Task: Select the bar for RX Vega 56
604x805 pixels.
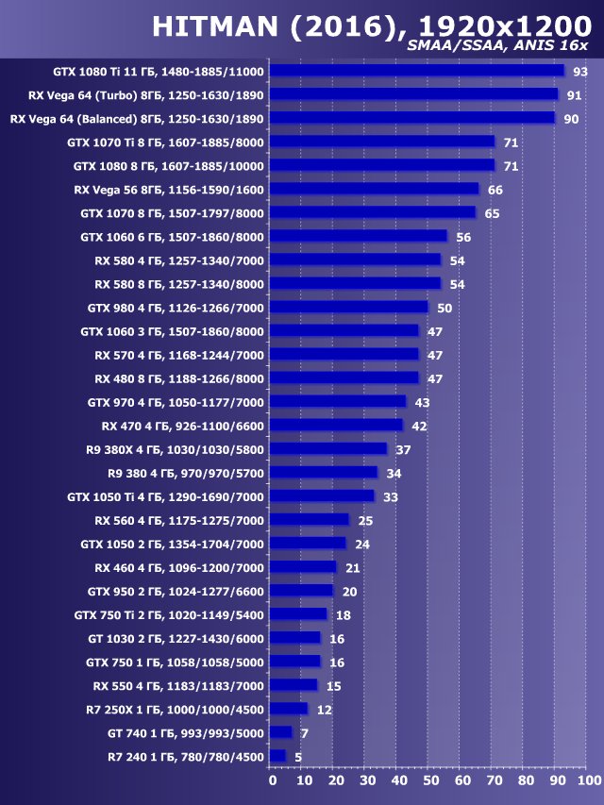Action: pyautogui.click(x=374, y=189)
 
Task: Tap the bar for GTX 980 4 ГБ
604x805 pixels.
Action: pyautogui.click(x=348, y=307)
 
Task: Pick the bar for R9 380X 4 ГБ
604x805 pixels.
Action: pyautogui.click(x=327, y=448)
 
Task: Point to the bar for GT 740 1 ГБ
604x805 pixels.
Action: pyautogui.click(x=280, y=732)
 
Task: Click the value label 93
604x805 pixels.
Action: pyautogui.click(x=580, y=72)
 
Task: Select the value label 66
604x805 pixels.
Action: pyautogui.click(x=495, y=190)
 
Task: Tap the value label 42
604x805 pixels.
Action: pyautogui.click(x=420, y=426)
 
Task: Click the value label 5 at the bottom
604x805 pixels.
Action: pyautogui.click(x=298, y=756)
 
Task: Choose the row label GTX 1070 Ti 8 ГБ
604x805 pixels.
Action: pyautogui.click(x=165, y=143)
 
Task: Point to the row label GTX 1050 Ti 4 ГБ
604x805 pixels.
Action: pyautogui.click(x=165, y=496)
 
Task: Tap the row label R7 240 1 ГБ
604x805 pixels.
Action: pyautogui.click(x=186, y=756)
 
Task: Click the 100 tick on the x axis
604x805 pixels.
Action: pyautogui.click(x=587, y=780)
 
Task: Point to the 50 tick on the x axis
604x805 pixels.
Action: pyautogui.click(x=429, y=780)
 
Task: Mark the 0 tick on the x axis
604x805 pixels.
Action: pyautogui.click(x=272, y=780)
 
